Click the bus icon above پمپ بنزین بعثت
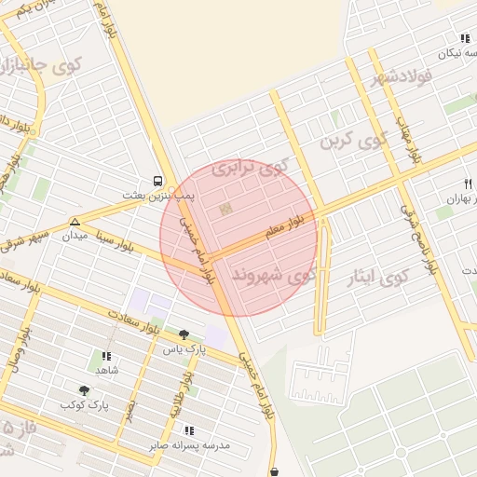tap(157, 182)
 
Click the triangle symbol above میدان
tap(75, 222)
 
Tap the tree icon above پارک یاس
tap(184, 334)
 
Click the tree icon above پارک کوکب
tap(85, 391)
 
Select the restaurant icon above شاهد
tap(105, 356)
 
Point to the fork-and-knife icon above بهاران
tap(466, 183)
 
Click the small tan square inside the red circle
tap(224, 210)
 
